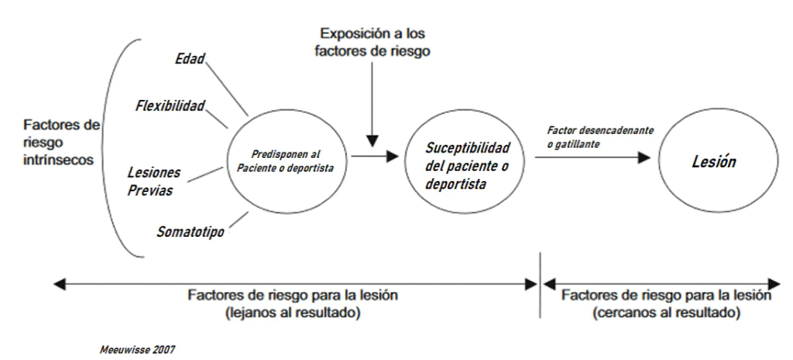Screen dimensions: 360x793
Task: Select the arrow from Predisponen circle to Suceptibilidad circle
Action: (373, 157)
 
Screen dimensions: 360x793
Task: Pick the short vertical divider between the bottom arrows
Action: (540, 285)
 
